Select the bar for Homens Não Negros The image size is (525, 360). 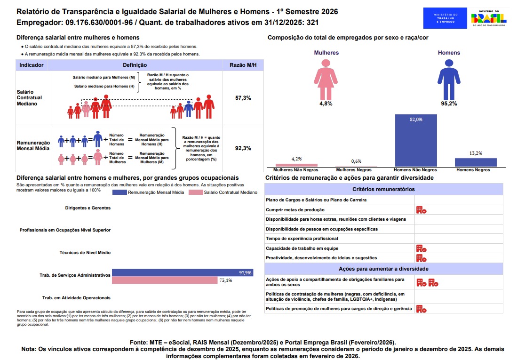coord(416,140)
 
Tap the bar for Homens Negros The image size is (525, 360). coord(476,162)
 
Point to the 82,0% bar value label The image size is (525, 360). coord(416,120)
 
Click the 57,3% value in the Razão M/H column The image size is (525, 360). coord(243,98)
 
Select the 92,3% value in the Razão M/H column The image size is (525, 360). coord(243,148)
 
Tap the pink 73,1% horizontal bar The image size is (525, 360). coord(165,280)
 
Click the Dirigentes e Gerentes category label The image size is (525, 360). coord(88,208)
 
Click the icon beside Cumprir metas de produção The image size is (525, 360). coord(421,210)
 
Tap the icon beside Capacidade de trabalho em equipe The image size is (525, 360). coord(421,248)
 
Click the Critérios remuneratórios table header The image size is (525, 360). coord(383,189)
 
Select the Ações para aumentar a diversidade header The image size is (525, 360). coord(383,269)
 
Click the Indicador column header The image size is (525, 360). coord(32,65)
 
